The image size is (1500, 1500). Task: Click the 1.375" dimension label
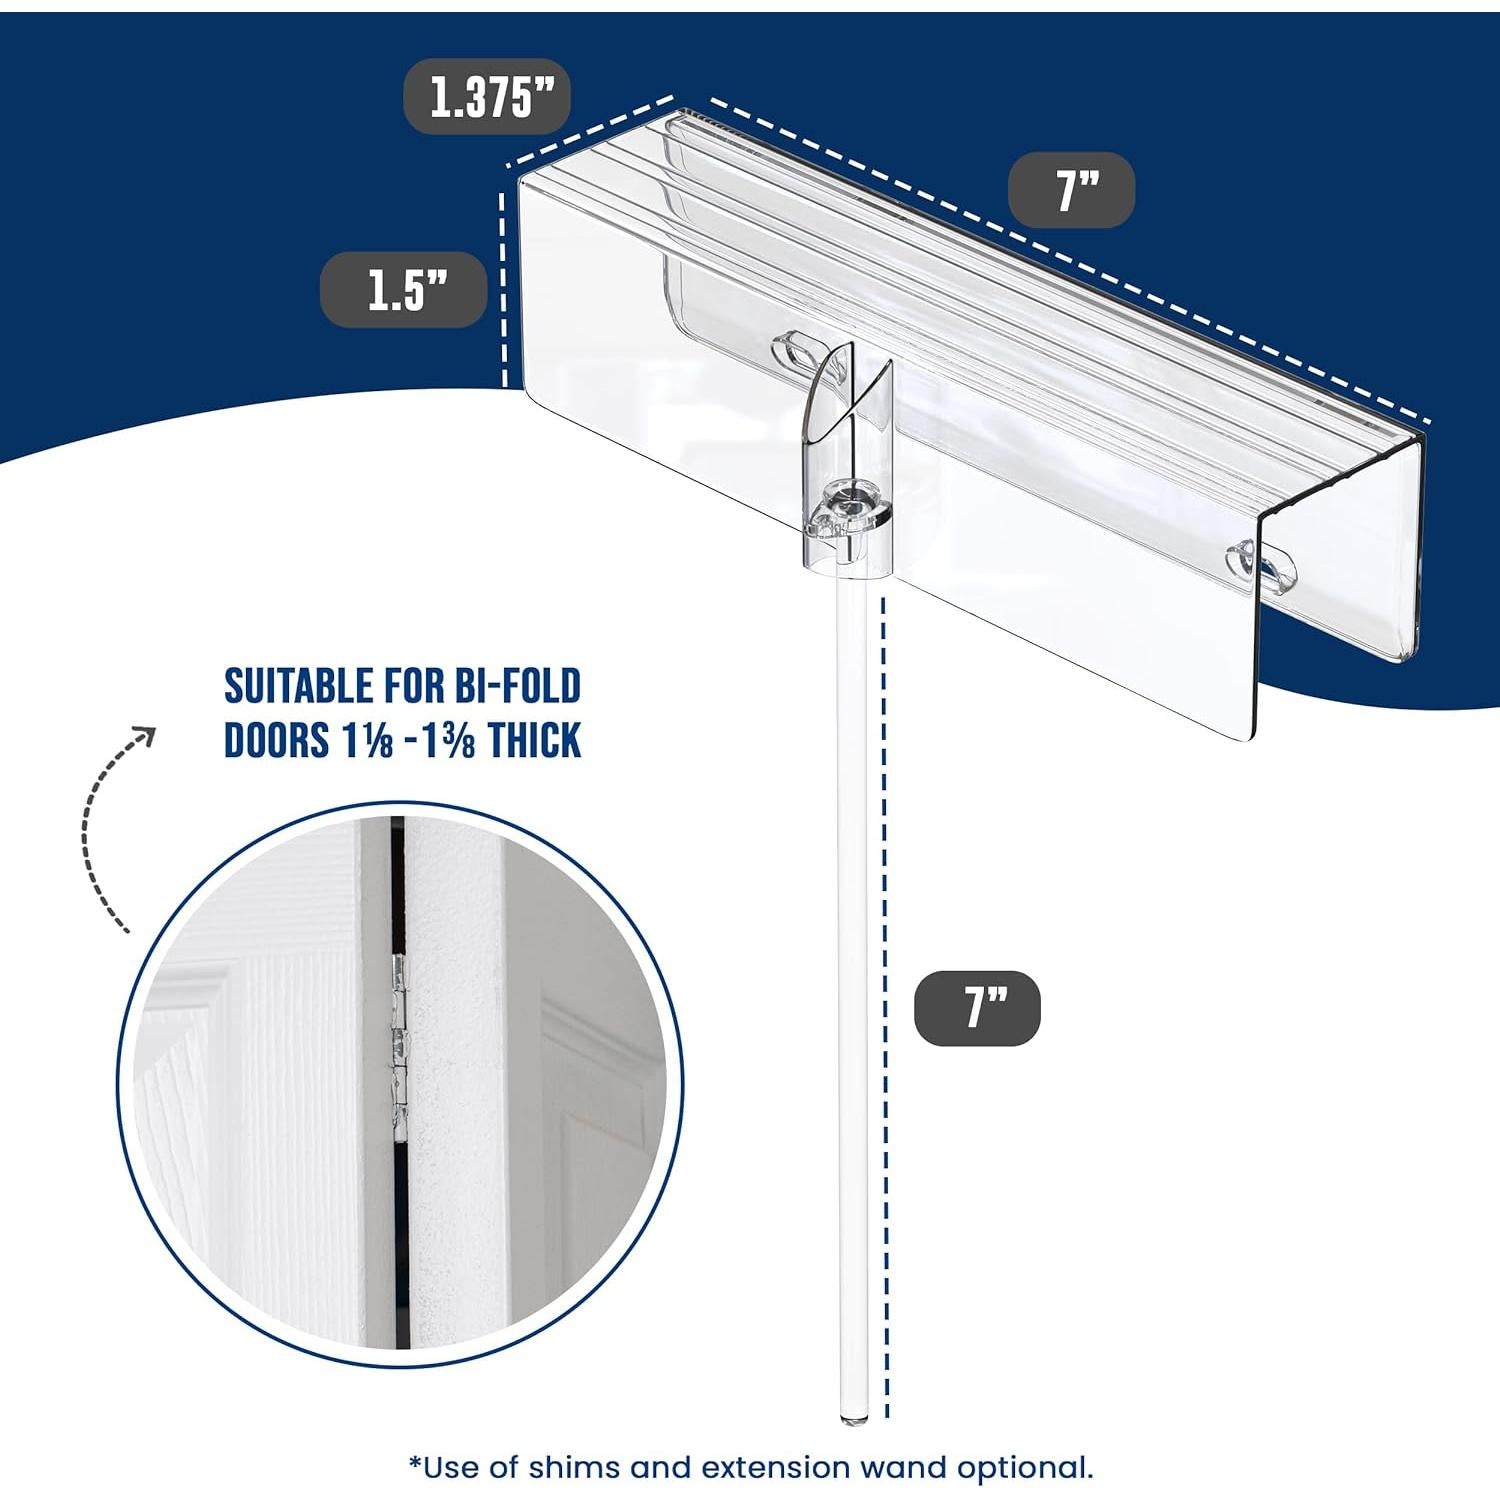[x=487, y=97]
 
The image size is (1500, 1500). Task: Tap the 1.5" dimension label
[x=403, y=290]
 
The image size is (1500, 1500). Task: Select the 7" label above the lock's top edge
[x=1071, y=190]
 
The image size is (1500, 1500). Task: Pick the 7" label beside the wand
[x=977, y=1008]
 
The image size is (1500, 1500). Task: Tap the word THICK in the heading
[x=534, y=741]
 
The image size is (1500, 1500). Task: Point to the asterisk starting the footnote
[x=415, y=1465]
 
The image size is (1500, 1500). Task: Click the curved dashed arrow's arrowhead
[x=146, y=736]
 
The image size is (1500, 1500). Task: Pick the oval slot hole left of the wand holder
[x=798, y=352]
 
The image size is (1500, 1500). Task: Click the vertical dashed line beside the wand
[x=884, y=1000]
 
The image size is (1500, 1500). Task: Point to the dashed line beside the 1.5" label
[x=503, y=290]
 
